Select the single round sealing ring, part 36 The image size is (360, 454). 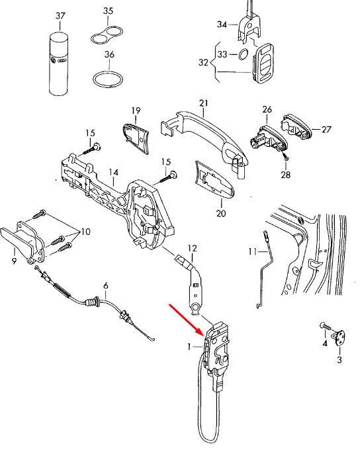coord(108,80)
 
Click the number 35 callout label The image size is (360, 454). coord(109,11)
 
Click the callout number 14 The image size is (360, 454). coord(114,175)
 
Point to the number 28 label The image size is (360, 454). coord(286,175)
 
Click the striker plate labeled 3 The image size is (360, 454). coord(339,338)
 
